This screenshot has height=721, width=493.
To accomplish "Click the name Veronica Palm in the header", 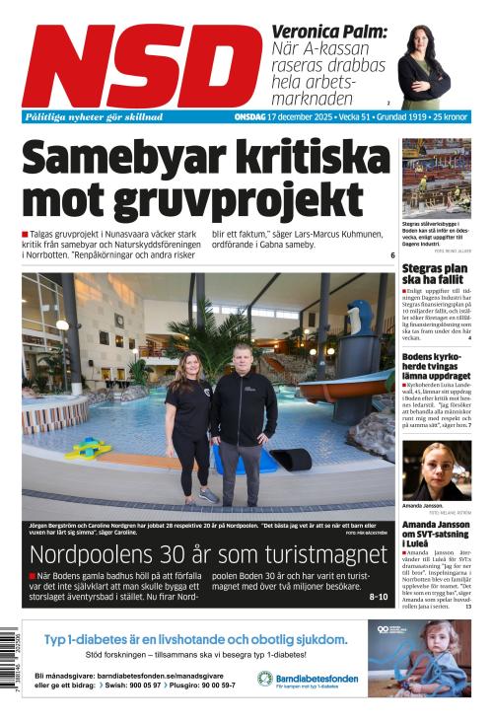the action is [x=329, y=32].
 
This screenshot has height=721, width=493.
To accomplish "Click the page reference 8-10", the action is [x=379, y=597].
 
